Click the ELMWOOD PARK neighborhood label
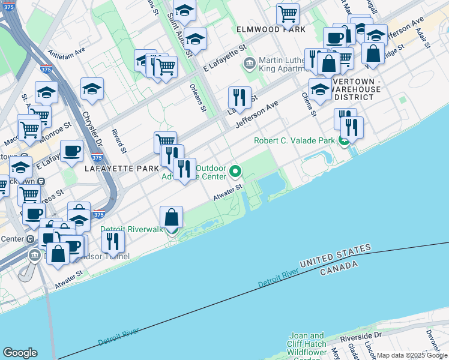(271, 29)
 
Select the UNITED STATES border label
(335, 256)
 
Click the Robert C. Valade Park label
(294, 141)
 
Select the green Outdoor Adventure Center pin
(235, 172)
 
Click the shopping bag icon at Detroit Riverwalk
(172, 217)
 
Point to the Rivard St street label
(121, 136)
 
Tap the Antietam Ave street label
(67, 58)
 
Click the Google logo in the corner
(20, 352)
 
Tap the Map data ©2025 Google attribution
(412, 355)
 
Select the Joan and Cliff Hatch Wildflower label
(307, 344)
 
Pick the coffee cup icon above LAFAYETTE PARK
(71, 151)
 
